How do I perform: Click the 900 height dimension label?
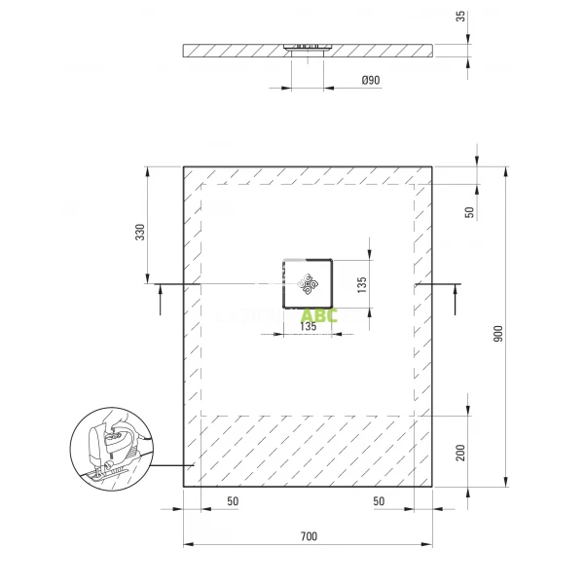coord(497,333)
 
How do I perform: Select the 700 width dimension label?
coord(309,536)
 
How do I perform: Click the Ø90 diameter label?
coord(370,82)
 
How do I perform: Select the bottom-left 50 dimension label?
coord(233,501)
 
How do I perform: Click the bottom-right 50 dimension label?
coord(380,501)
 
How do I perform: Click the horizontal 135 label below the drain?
coord(307,327)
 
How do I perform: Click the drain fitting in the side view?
coord(309,46)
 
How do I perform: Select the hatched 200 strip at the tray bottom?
coord(309,448)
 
